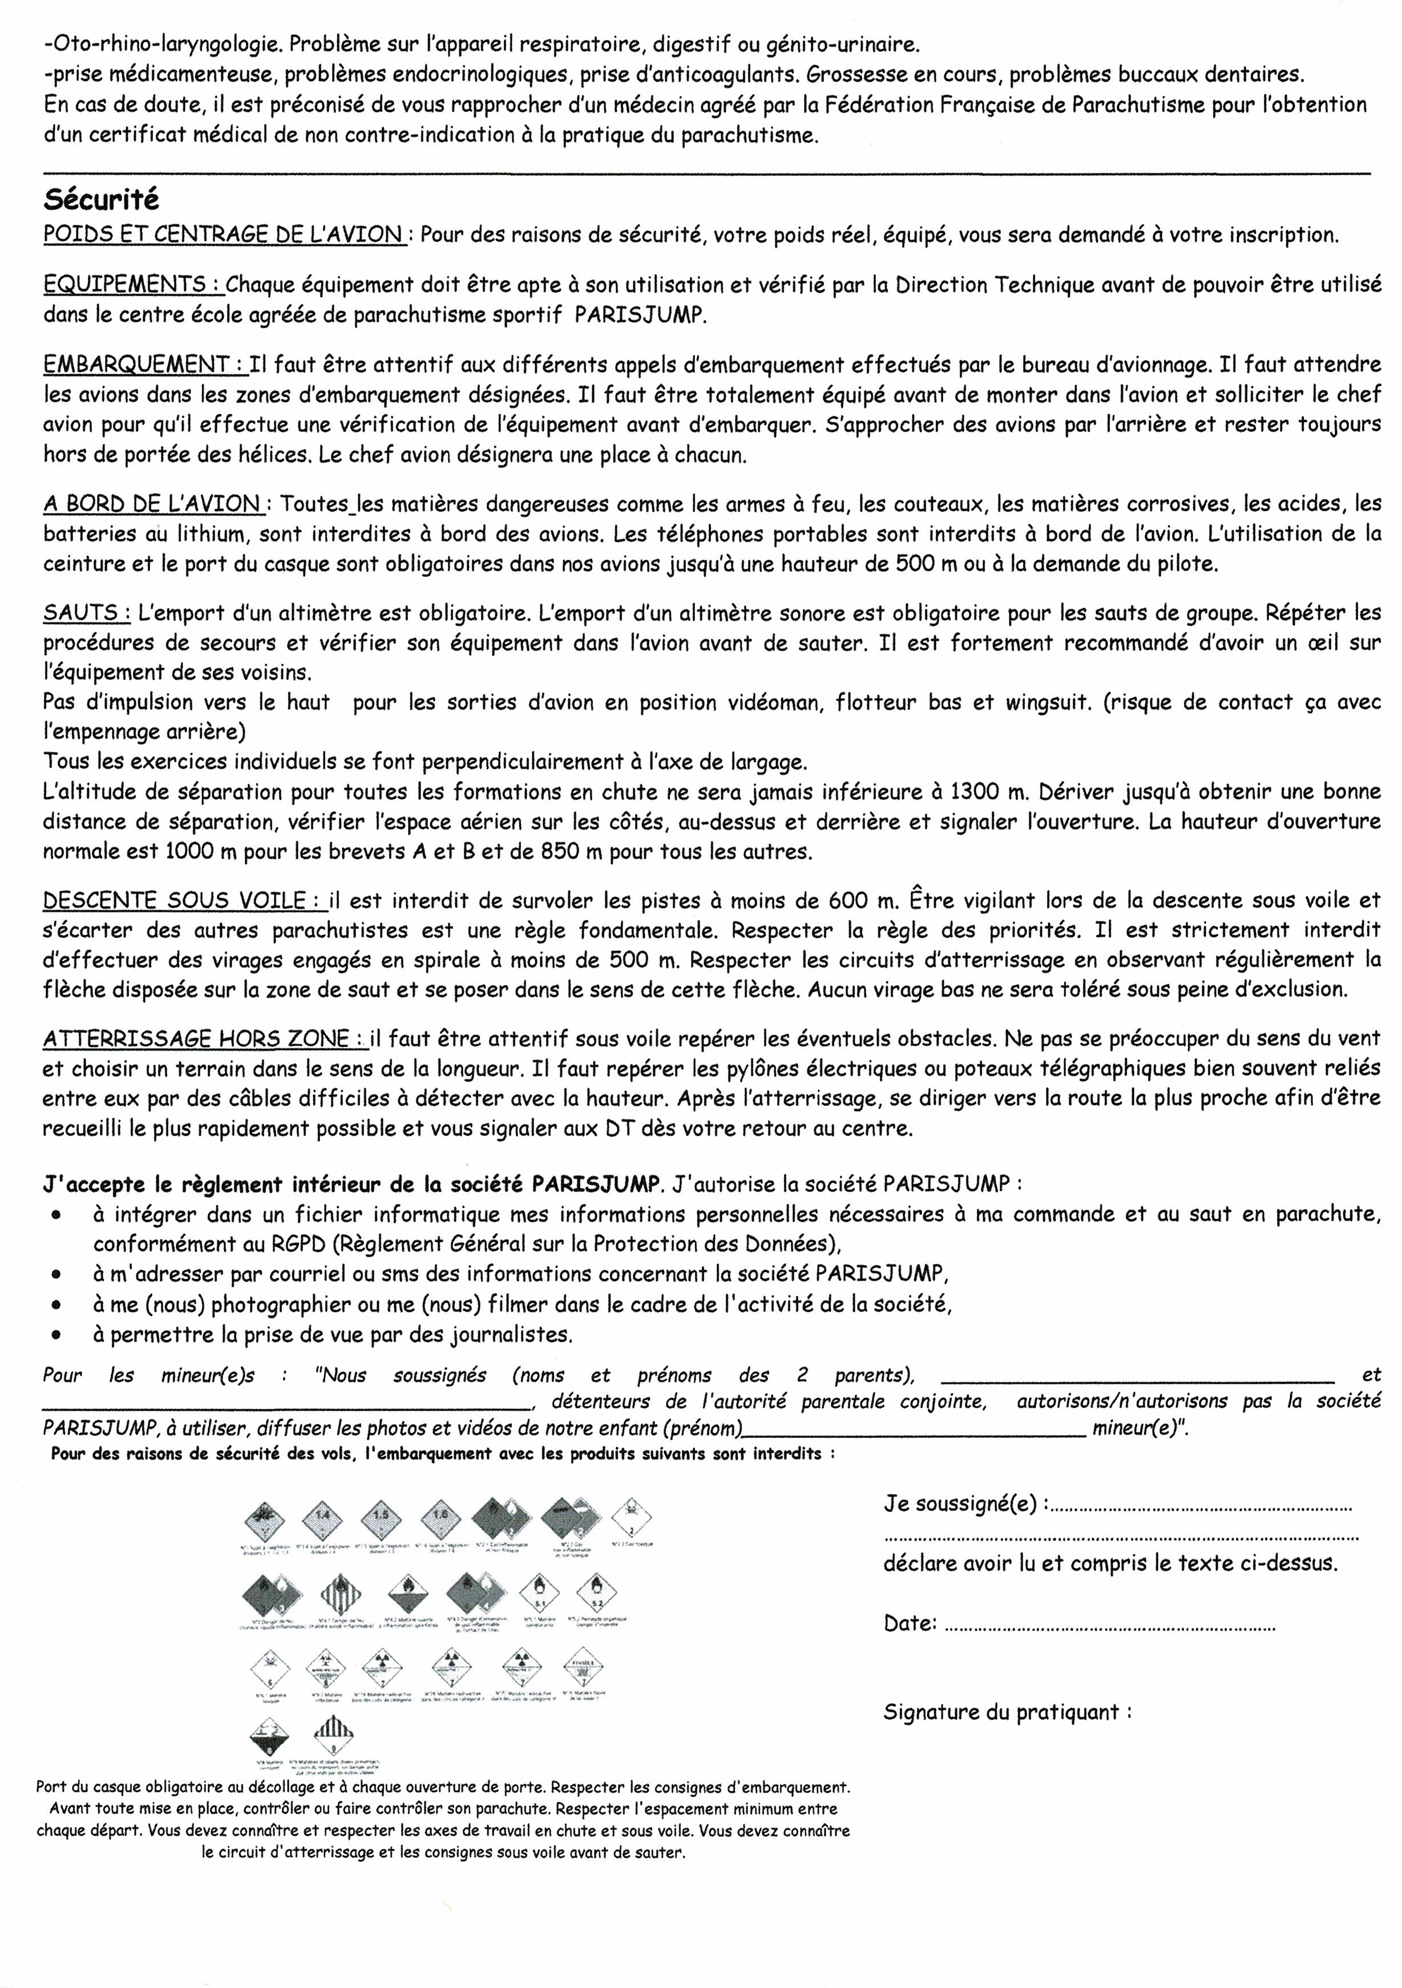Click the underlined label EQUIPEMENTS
coord(132,285)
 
